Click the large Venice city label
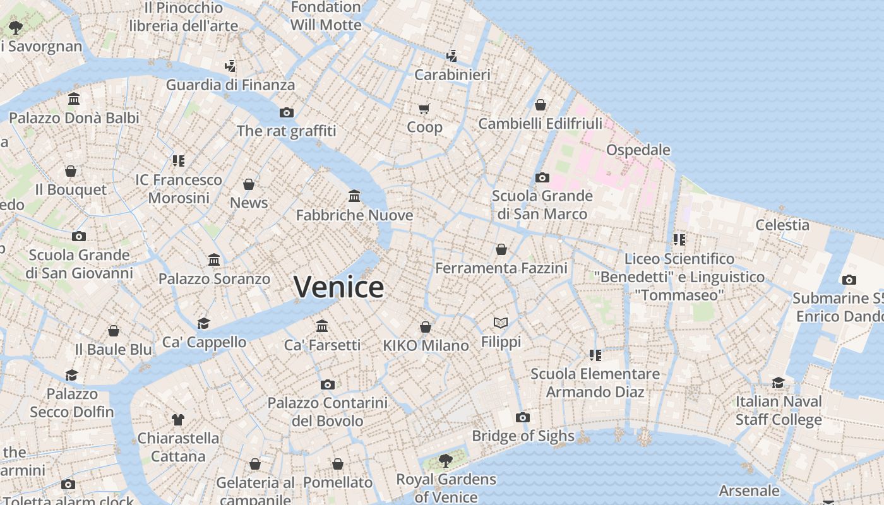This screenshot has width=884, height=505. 338,287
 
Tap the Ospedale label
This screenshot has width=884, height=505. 638,150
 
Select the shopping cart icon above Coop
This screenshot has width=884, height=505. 424,109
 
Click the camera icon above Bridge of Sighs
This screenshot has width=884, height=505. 522,417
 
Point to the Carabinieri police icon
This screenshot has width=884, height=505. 451,56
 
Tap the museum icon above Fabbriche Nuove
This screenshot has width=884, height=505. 354,196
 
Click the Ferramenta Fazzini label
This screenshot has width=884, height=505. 501,268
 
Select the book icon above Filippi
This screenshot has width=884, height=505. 501,323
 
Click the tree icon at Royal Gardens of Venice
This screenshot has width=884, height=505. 446,460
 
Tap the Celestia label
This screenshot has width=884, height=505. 782,225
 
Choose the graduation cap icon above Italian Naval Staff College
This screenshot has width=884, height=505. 779,383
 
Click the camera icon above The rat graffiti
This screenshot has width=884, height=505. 287,112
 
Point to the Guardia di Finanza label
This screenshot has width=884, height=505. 230,85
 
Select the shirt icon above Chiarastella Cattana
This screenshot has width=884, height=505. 178,419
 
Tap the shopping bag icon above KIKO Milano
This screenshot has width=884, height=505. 426,327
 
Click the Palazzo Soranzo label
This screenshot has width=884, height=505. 214,278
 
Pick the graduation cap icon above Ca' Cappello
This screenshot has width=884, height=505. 203,323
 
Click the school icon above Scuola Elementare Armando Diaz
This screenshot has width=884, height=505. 595,355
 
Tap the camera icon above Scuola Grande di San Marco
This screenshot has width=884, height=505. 542,177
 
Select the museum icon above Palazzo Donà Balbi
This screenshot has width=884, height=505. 74,99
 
